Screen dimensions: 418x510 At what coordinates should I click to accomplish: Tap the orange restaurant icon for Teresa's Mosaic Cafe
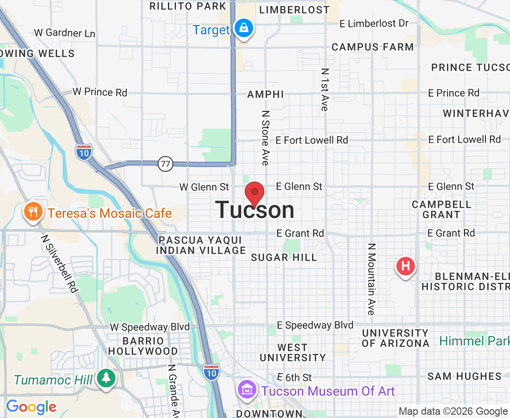[x=32, y=213]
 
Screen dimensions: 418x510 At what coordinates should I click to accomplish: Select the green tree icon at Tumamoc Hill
[x=106, y=377]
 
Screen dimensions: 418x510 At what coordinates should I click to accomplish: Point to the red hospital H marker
[x=405, y=267]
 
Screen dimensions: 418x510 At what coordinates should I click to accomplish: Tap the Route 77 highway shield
[x=165, y=163]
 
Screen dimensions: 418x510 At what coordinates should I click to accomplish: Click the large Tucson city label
[x=255, y=210]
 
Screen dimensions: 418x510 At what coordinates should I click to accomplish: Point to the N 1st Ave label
[x=325, y=90]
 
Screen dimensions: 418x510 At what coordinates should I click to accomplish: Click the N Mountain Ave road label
[x=371, y=279]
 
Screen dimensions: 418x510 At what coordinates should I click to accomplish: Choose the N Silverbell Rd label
[x=59, y=263]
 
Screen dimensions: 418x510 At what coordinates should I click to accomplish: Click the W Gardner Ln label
[x=65, y=33]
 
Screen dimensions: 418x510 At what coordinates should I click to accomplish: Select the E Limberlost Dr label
[x=374, y=23]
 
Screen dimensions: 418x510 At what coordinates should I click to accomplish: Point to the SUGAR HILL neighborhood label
[x=284, y=257]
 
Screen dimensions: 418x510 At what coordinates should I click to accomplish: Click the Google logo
[x=31, y=407]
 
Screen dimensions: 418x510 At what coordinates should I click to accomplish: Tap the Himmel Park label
[x=474, y=341]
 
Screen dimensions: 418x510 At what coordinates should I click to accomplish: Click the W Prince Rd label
[x=100, y=92]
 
